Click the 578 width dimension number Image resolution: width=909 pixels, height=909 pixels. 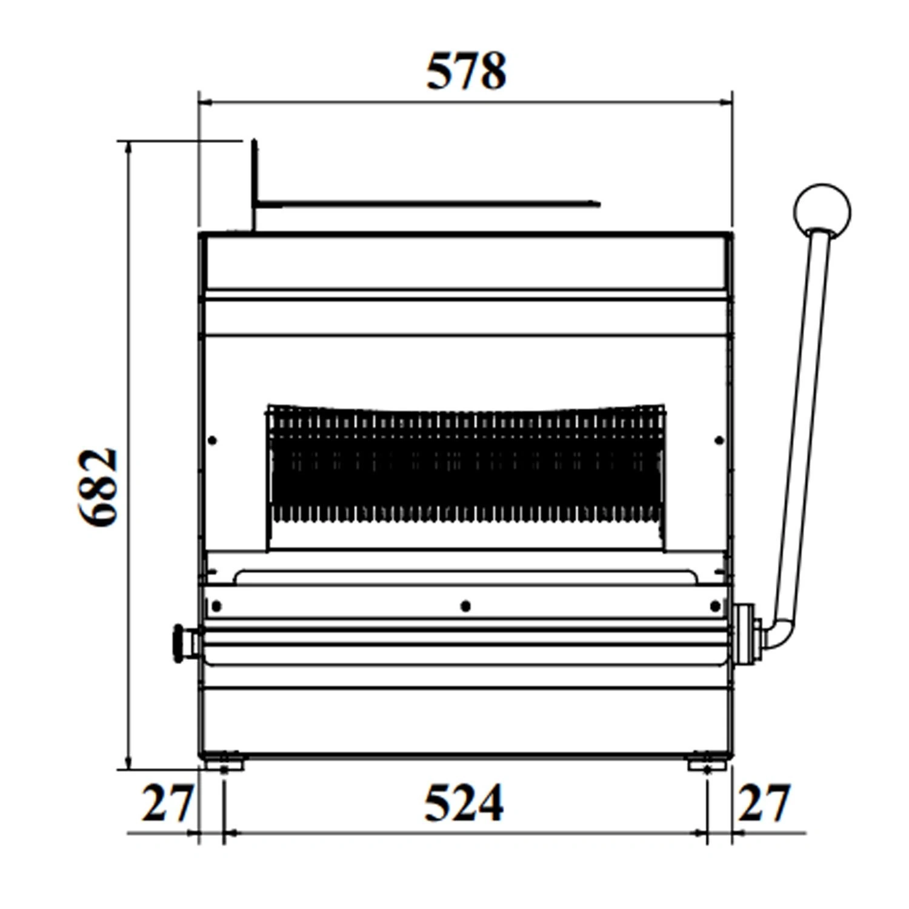[466, 72]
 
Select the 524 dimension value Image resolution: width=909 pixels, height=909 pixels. [464, 803]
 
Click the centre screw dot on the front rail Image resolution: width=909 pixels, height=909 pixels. [465, 606]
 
